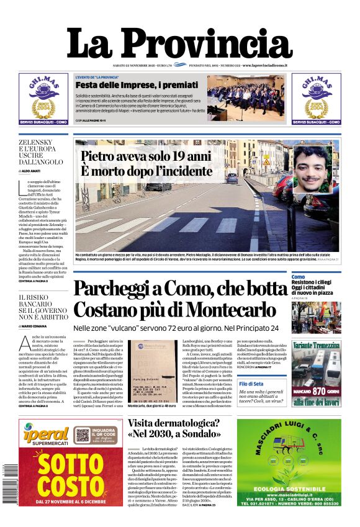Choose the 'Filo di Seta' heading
(251, 384)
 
